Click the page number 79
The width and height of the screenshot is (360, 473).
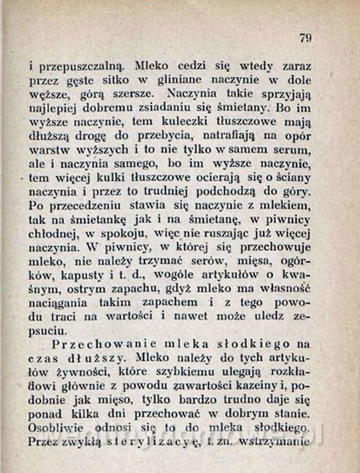point(305,38)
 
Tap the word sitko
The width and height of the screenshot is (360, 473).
point(116,80)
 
